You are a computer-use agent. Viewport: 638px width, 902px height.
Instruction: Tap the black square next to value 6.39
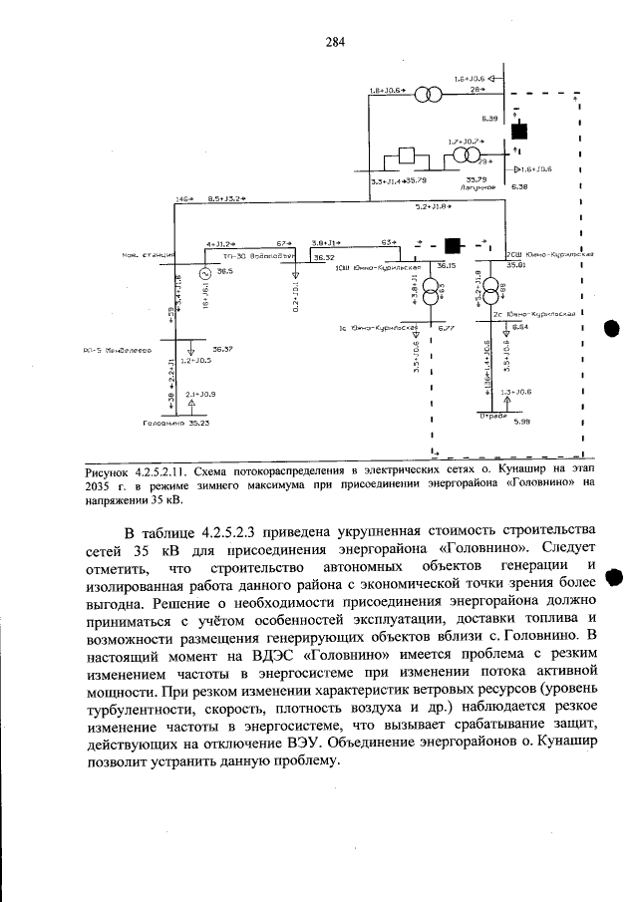click(517, 131)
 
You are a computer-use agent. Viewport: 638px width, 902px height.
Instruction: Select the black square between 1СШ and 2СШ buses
click(454, 245)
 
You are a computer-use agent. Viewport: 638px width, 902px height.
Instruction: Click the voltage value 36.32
click(325, 257)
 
